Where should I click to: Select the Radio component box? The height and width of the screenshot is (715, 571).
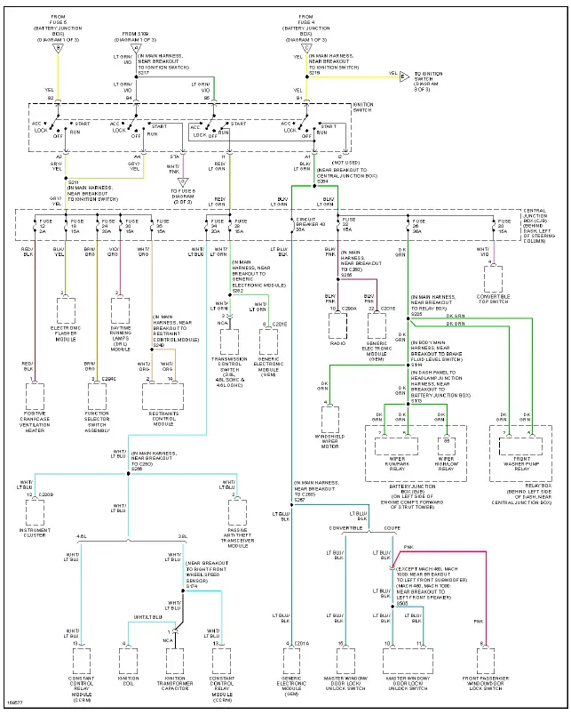337,322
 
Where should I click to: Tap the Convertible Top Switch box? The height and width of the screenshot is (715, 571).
494,279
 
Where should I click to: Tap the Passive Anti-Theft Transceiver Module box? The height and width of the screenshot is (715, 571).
237,512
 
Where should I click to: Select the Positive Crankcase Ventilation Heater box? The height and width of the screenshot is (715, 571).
36,396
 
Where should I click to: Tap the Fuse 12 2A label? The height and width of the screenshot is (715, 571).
46,223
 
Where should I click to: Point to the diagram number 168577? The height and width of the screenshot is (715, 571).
15,704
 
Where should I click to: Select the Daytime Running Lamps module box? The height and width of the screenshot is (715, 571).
121,310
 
